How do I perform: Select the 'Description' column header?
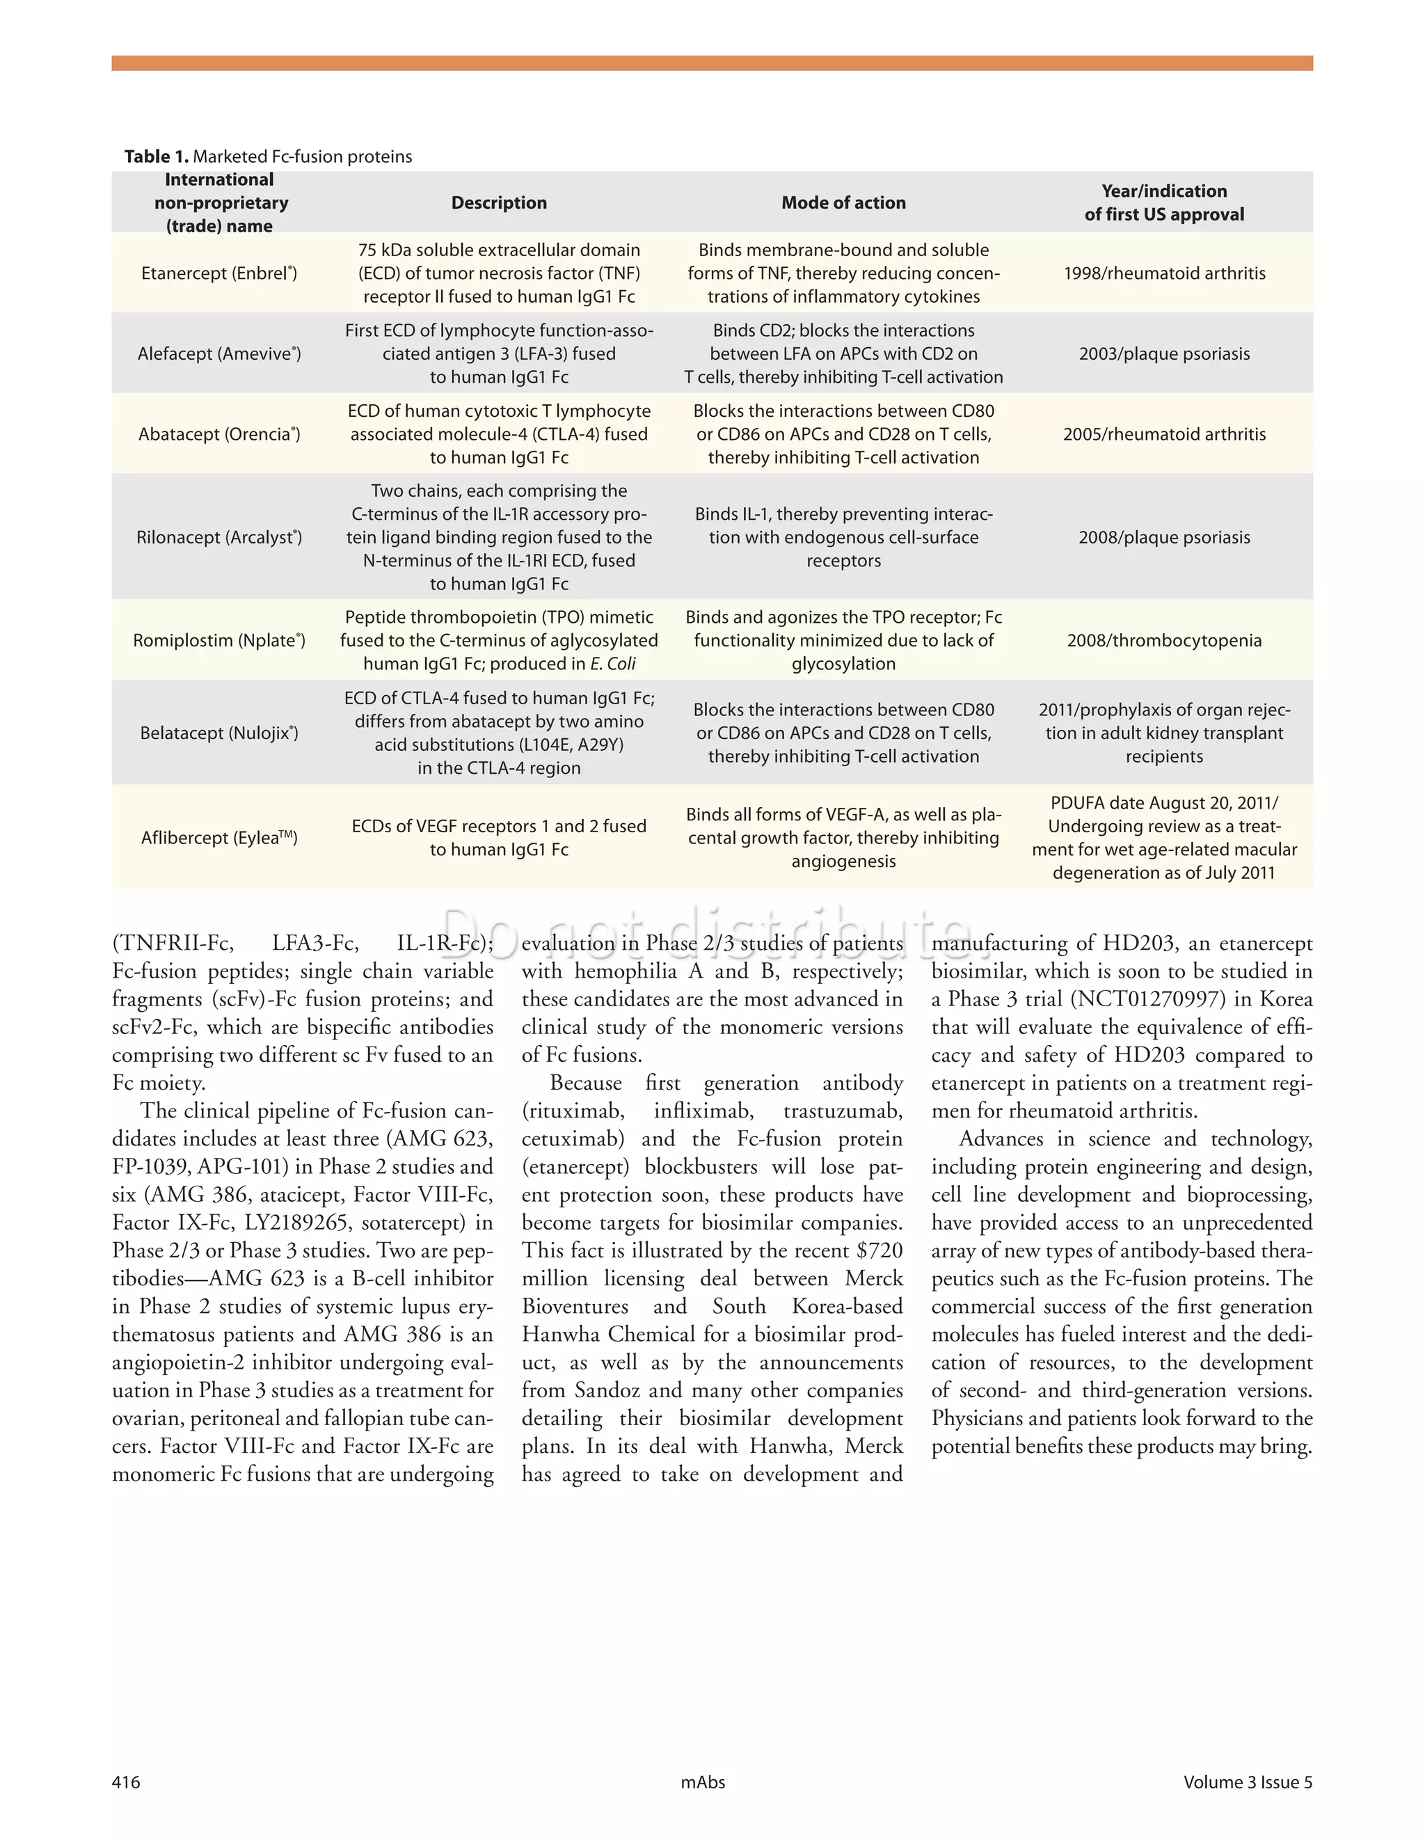pyautogui.click(x=499, y=202)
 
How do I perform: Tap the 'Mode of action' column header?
pyautogui.click(x=843, y=202)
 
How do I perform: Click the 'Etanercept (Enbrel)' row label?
pyautogui.click(x=218, y=273)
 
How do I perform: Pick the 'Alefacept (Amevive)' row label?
pyautogui.click(x=218, y=353)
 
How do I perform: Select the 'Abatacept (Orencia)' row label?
pyautogui.click(x=218, y=434)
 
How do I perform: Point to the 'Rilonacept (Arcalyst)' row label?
pyautogui.click(x=218, y=537)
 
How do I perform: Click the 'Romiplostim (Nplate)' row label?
pyautogui.click(x=218, y=640)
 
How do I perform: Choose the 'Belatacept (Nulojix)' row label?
pyautogui.click(x=218, y=733)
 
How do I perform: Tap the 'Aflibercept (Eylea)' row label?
pyautogui.click(x=218, y=838)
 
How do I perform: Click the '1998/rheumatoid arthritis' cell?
pyautogui.click(x=1164, y=273)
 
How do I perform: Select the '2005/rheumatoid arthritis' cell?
pyautogui.click(x=1164, y=434)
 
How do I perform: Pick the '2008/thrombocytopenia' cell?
pyautogui.click(x=1164, y=640)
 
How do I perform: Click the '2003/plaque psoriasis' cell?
pyautogui.click(x=1164, y=353)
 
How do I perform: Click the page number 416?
pyautogui.click(x=126, y=1782)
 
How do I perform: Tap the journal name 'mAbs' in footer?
pyautogui.click(x=702, y=1782)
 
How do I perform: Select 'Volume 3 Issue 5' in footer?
pyautogui.click(x=1247, y=1782)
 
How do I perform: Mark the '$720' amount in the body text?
pyautogui.click(x=879, y=1250)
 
